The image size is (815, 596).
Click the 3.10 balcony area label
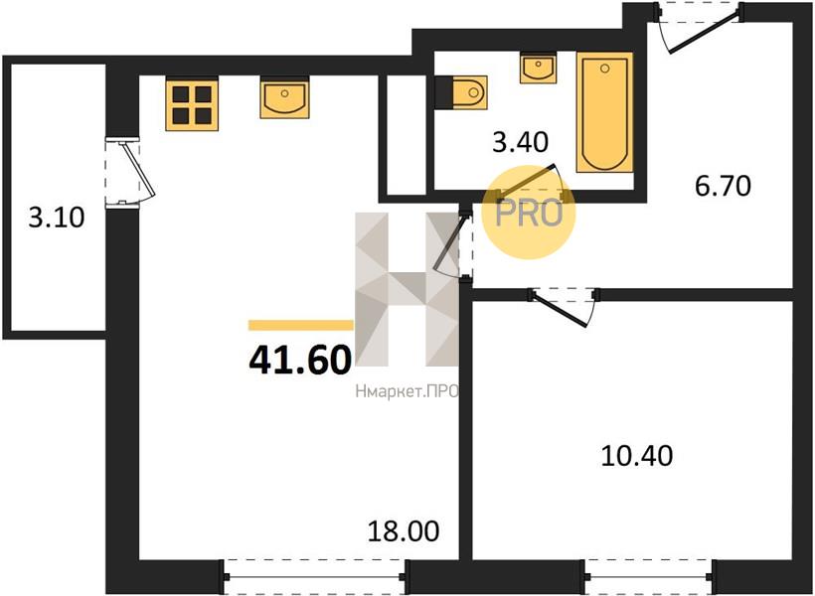56,218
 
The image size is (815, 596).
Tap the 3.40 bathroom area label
520,142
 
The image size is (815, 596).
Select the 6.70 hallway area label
723,186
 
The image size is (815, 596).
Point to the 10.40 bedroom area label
637,455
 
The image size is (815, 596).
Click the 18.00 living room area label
404,531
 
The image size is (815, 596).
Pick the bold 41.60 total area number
300,361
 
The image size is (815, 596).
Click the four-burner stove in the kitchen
192,103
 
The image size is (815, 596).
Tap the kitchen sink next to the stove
285,97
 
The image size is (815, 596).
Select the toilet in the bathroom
461,92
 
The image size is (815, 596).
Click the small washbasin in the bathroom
538,68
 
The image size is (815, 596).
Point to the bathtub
605,111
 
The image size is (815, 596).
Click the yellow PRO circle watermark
529,213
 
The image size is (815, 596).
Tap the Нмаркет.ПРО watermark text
407,391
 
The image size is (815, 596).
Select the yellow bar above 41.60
301,325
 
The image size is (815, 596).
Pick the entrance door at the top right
698,26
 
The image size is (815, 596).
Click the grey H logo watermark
407,289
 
